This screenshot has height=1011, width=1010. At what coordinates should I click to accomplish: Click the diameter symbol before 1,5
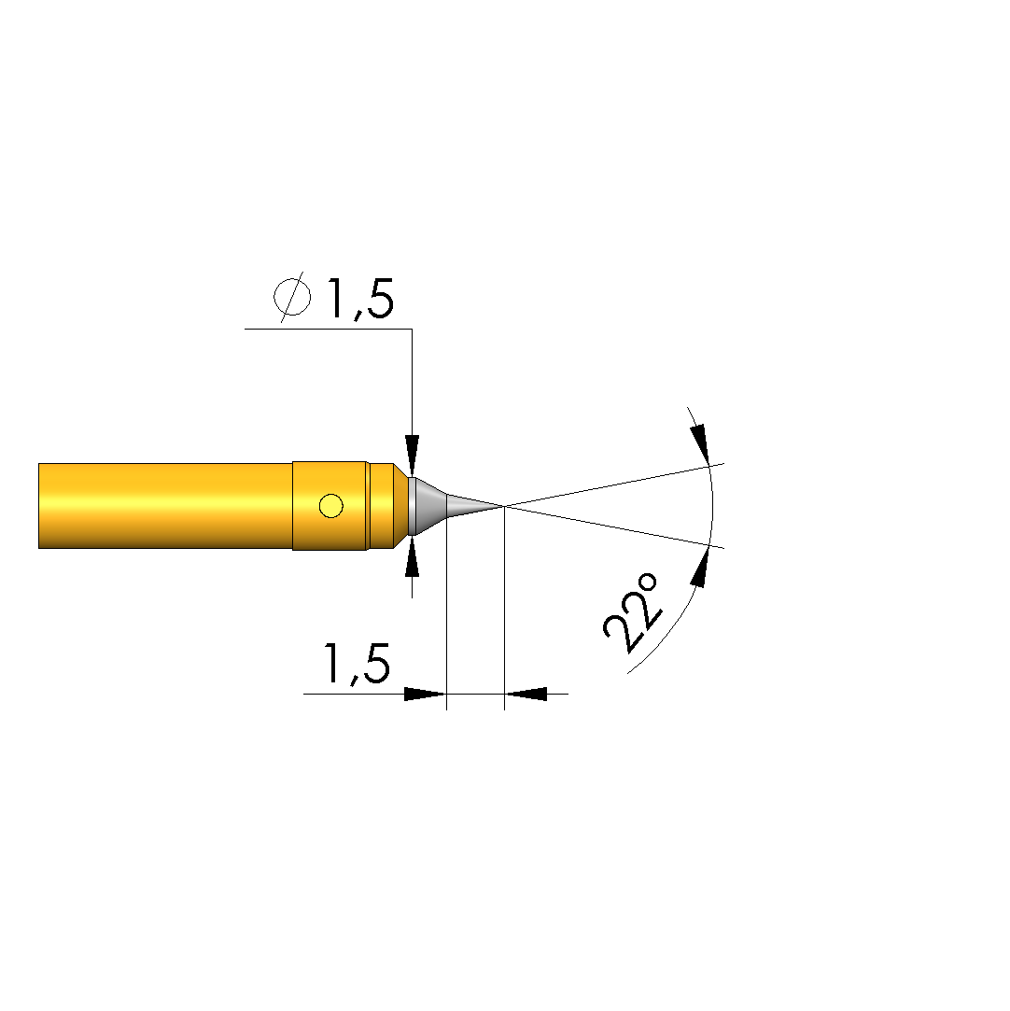tap(292, 297)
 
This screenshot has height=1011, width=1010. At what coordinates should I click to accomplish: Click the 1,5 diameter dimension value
tap(360, 299)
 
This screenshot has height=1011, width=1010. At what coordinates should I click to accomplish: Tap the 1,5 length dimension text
tap(357, 663)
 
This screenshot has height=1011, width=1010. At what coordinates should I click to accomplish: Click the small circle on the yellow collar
tap(331, 506)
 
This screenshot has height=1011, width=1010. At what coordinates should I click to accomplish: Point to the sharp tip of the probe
tap(504, 506)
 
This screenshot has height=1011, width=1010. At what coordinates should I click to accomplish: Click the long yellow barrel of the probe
tap(165, 506)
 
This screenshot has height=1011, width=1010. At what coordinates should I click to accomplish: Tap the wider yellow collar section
tap(330, 506)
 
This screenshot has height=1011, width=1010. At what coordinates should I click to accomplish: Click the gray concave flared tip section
tap(428, 506)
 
